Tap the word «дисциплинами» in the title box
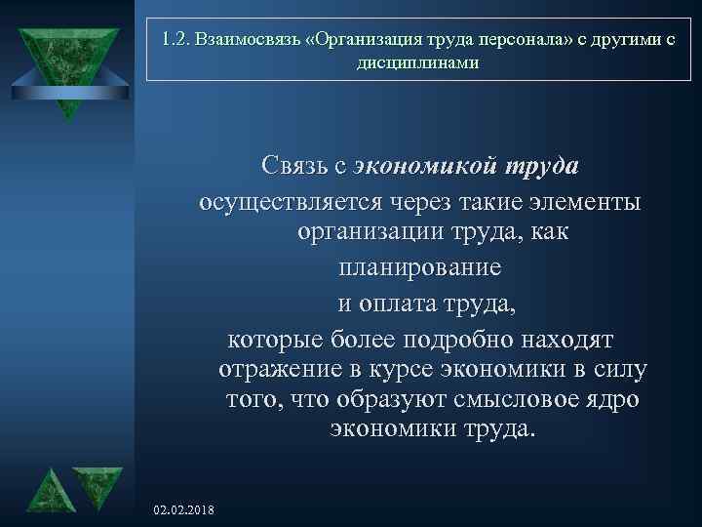(x=419, y=62)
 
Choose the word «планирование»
(x=420, y=266)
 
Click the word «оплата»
(x=409, y=304)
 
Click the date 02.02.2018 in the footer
(x=185, y=511)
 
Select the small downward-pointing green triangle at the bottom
(x=97, y=485)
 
